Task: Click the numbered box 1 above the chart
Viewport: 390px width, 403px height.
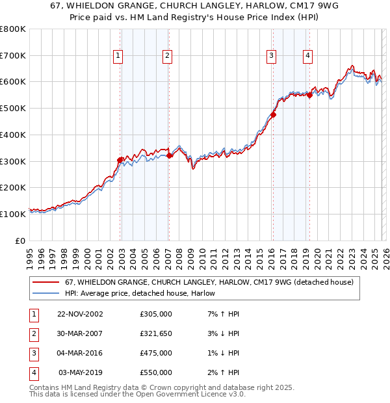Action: [x=118, y=57]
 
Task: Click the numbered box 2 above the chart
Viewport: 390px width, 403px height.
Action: [x=167, y=57]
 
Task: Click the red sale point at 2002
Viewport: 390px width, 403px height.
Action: [x=120, y=160]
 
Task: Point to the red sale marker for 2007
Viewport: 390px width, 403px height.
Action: [x=169, y=155]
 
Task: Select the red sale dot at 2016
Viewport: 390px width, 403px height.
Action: [x=273, y=115]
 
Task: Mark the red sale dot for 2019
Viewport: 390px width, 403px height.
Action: [x=309, y=96]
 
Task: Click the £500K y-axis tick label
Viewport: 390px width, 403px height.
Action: [x=13, y=109]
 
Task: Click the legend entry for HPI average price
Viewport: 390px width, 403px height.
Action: [x=140, y=294]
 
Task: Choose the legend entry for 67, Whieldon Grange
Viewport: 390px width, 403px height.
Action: [x=209, y=282]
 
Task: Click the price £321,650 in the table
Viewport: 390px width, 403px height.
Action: [x=156, y=333]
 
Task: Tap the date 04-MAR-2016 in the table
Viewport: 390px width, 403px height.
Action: [x=80, y=353]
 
